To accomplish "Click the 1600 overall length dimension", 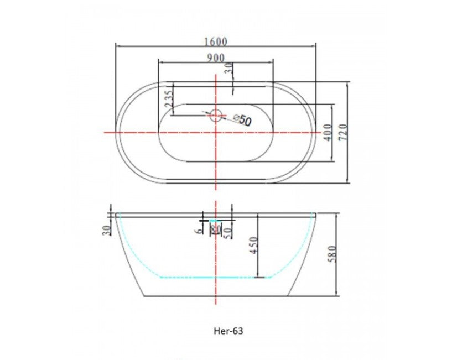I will click(215, 41).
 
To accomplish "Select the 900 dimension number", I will click(216, 58).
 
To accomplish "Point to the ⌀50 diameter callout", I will click(242, 120).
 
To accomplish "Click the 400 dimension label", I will click(328, 133).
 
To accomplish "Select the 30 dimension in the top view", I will click(229, 70).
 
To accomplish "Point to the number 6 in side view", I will click(198, 231).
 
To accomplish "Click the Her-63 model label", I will click(228, 332).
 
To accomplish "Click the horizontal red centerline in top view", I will click(138, 133).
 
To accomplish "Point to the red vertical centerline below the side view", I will click(215, 310).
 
